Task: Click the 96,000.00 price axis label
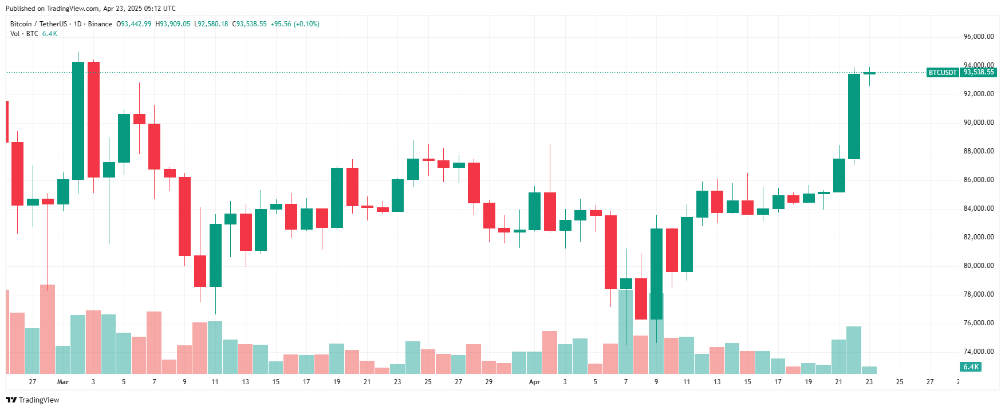click(x=978, y=37)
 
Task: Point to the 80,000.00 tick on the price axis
click(x=978, y=266)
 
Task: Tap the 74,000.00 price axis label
click(x=978, y=352)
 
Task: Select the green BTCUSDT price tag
click(x=942, y=73)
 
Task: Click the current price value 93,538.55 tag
click(x=979, y=73)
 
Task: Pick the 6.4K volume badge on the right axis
click(x=971, y=367)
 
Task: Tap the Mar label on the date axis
click(x=63, y=382)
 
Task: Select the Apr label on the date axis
click(x=534, y=382)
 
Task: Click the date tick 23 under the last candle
click(x=869, y=382)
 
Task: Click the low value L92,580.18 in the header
click(x=211, y=24)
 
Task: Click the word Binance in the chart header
click(x=100, y=24)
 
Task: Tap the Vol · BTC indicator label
click(x=24, y=34)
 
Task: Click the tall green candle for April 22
click(x=854, y=116)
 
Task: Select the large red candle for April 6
click(x=611, y=252)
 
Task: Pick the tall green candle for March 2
click(x=78, y=120)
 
